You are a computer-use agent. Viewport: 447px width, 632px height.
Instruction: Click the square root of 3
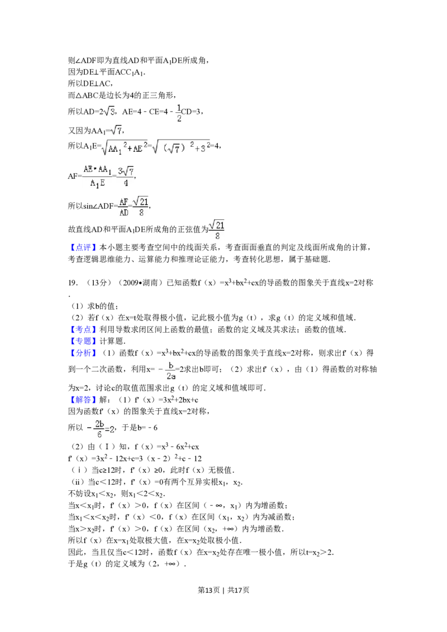pyautogui.click(x=110, y=111)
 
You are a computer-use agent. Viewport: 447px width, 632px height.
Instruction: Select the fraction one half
pyautogui.click(x=179, y=111)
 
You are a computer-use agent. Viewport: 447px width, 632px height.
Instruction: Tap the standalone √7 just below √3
pyautogui.click(x=116, y=131)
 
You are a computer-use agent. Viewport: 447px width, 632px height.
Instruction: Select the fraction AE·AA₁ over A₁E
pyautogui.click(x=98, y=176)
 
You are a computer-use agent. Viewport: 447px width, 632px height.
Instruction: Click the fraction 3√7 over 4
pyautogui.click(x=125, y=176)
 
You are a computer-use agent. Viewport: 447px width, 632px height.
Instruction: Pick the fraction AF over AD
pyautogui.click(x=123, y=207)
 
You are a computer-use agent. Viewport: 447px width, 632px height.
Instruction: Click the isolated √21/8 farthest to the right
pyautogui.click(x=217, y=230)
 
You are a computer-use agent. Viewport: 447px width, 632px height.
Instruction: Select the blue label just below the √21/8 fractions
pyautogui.click(x=83, y=248)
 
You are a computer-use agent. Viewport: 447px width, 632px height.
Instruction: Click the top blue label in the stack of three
pyautogui.click(x=83, y=329)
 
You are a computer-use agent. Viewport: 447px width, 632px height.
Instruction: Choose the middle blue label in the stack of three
pyautogui.click(x=83, y=341)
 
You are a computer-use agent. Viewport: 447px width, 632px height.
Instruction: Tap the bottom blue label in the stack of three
pyautogui.click(x=83, y=352)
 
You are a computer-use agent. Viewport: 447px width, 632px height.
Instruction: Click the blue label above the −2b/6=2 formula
pyautogui.click(x=83, y=400)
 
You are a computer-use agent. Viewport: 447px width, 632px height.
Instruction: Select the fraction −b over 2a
pyautogui.click(x=166, y=371)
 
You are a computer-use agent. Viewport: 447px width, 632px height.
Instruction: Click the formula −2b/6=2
pyautogui.click(x=98, y=429)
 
